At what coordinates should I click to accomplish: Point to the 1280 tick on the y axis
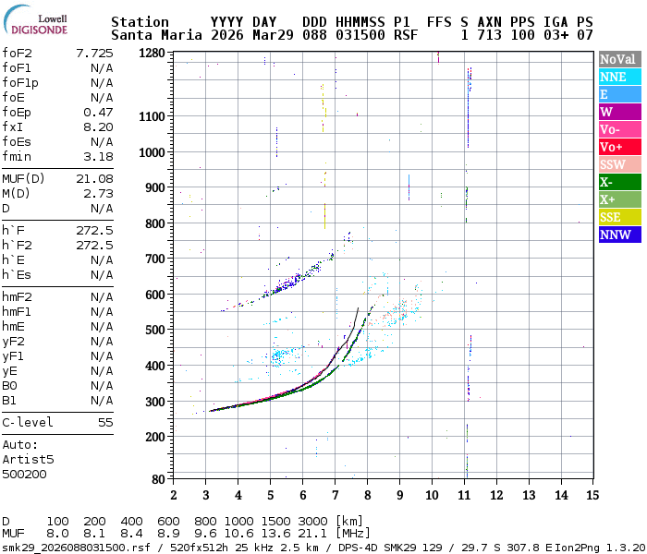coord(152,53)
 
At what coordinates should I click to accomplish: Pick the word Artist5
coord(28,458)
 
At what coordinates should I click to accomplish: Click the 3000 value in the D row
coord(313,522)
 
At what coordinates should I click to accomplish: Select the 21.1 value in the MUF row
coord(313,534)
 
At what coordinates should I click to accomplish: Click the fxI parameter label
coord(12,126)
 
